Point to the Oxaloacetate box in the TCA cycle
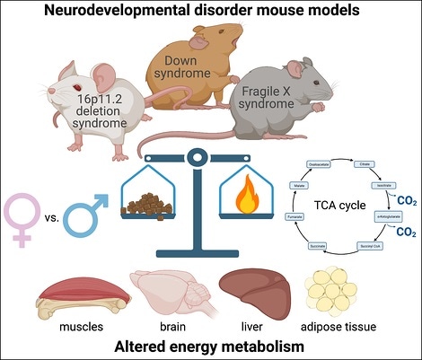[334, 164]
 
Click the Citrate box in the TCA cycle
[370, 165]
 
